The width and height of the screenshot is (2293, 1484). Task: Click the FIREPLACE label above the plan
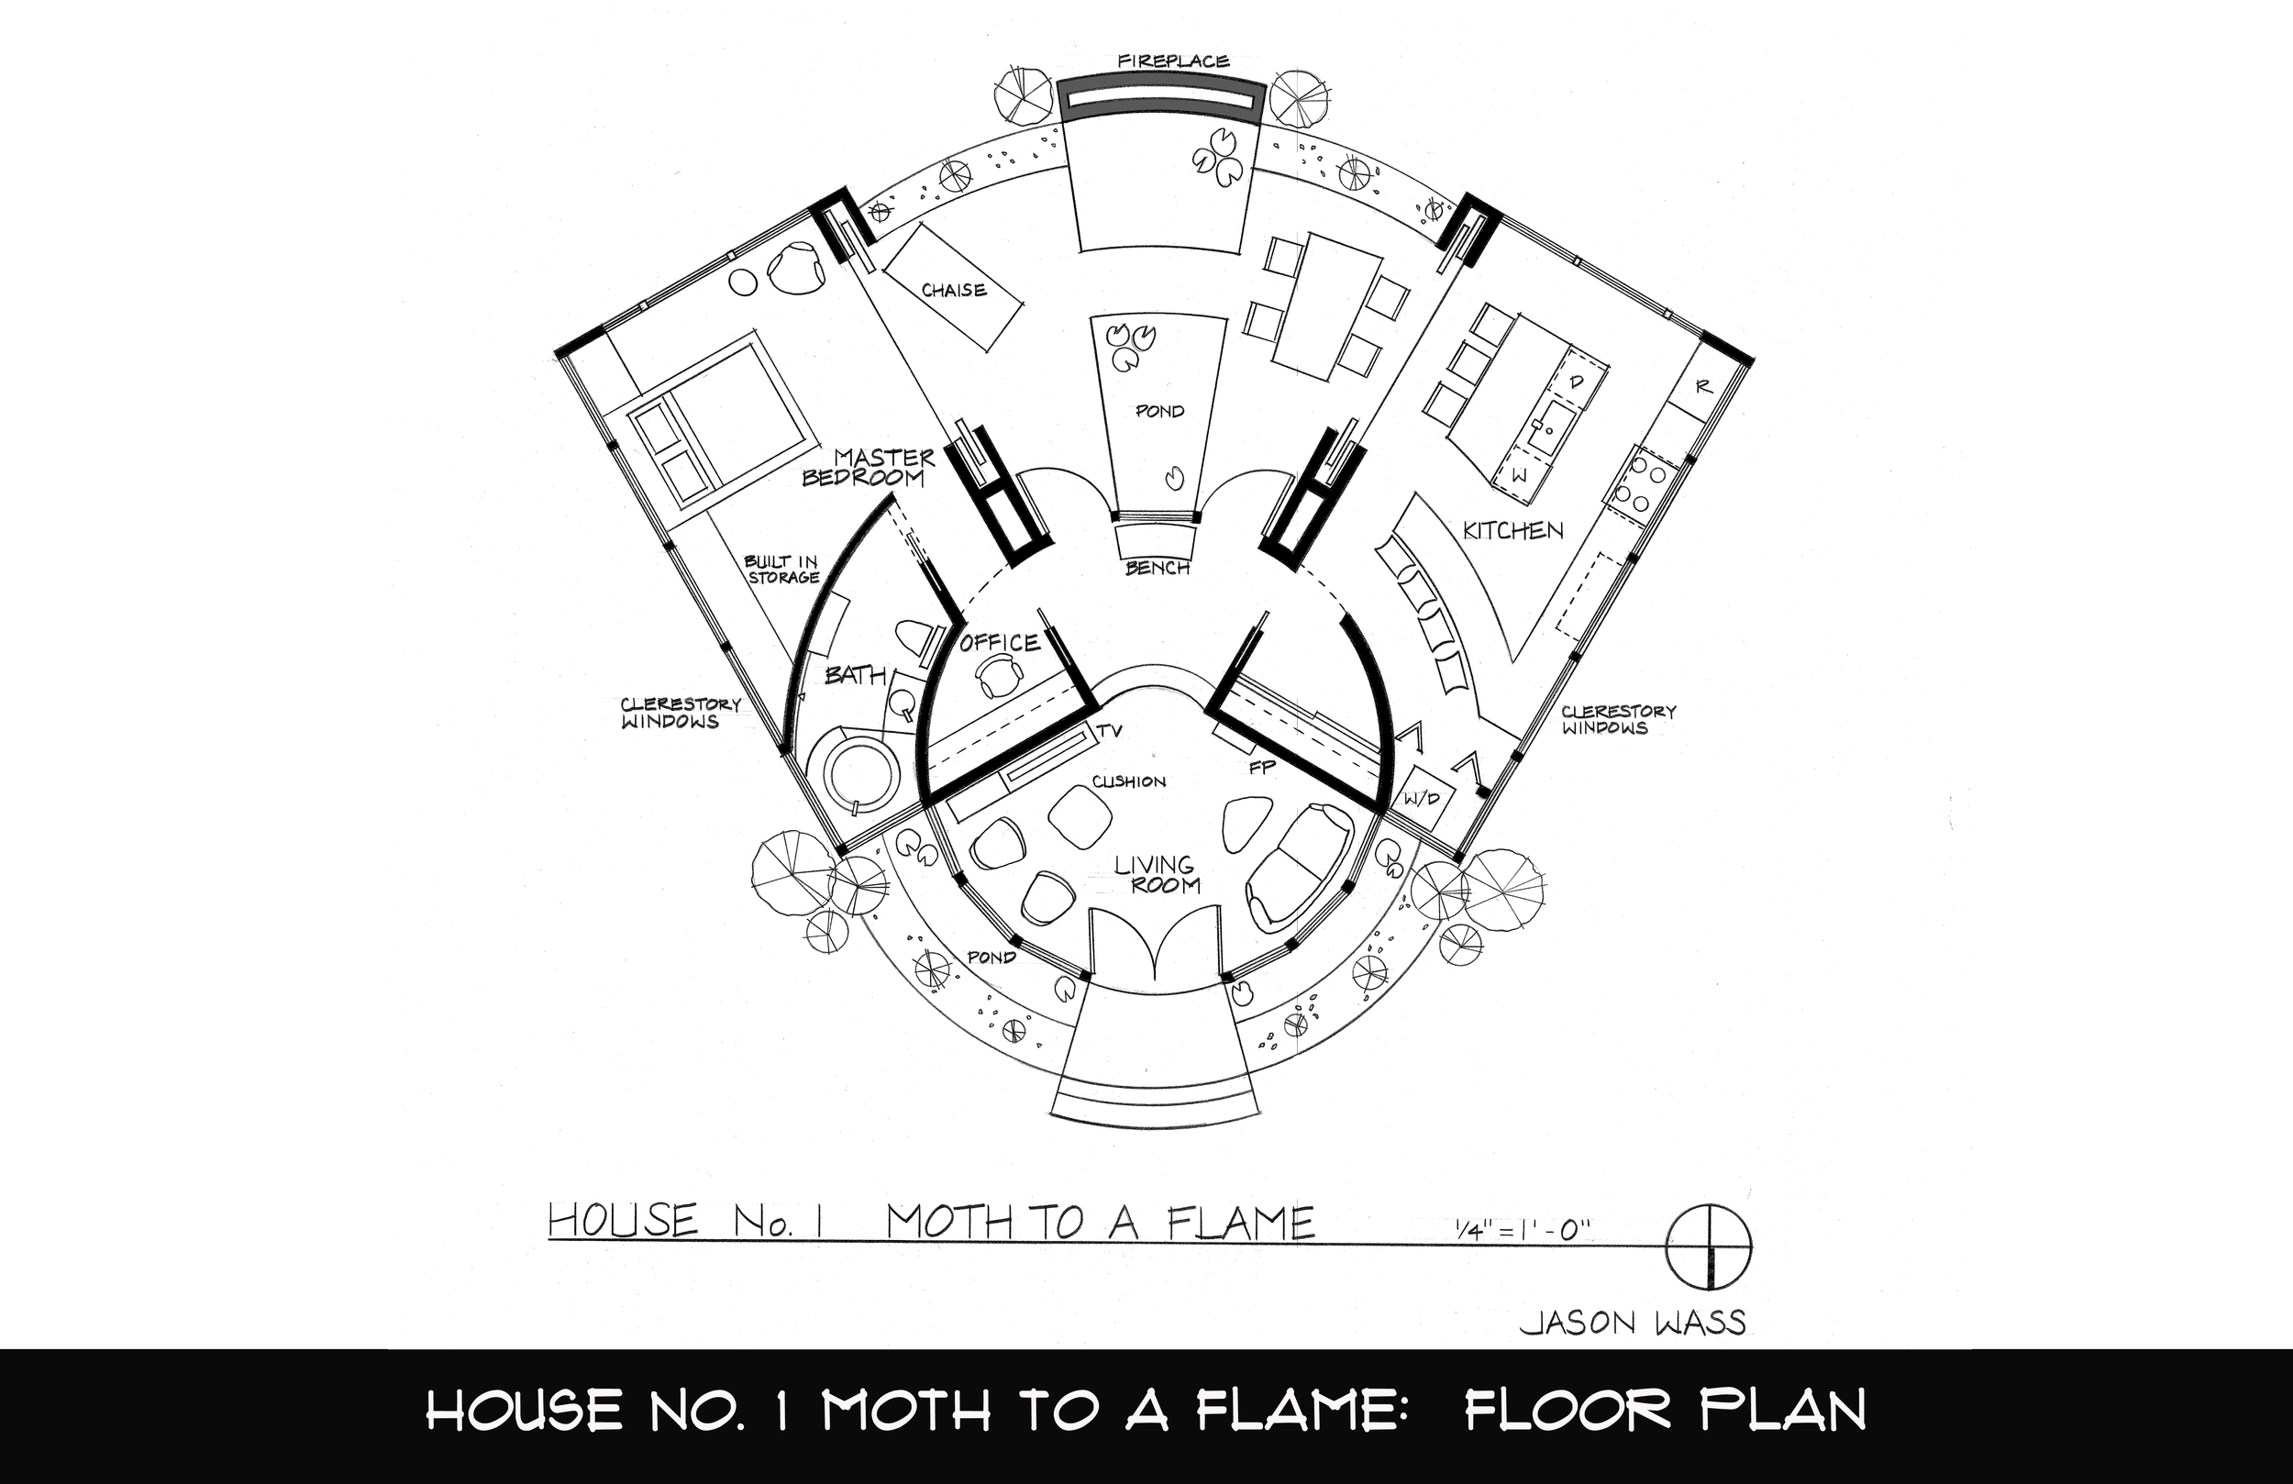click(x=1173, y=61)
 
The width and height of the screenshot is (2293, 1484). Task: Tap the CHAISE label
click(x=954, y=290)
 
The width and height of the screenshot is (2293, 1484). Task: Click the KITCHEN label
click(x=1512, y=530)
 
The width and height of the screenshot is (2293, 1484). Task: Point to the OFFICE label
click(x=999, y=643)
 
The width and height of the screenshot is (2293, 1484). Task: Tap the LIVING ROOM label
click(x=1158, y=875)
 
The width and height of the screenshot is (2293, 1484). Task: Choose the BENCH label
click(x=1158, y=568)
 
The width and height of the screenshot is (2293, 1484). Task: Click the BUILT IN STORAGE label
click(x=781, y=570)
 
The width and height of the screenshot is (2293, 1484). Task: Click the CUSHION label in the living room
click(x=1128, y=781)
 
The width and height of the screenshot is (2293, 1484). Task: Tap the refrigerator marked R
click(x=1702, y=386)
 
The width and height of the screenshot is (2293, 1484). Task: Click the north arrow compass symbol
click(x=1709, y=1245)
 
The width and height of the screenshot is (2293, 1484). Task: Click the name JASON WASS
click(x=1632, y=1323)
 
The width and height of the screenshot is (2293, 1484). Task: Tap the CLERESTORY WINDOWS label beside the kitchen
click(x=1618, y=719)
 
